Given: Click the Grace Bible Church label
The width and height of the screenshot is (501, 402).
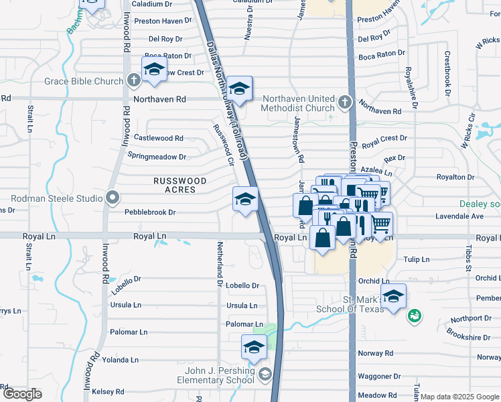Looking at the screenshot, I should click(x=84, y=82).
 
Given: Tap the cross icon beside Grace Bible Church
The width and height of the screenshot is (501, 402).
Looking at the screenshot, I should click(x=133, y=81).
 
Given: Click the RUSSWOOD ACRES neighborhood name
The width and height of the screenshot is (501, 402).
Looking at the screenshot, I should click(x=174, y=186).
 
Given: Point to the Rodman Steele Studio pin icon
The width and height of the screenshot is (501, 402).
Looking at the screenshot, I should click(x=113, y=198).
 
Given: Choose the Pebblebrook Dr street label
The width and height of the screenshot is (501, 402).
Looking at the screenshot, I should click(x=150, y=212).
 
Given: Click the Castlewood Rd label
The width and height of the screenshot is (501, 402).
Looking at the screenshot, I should click(x=159, y=138).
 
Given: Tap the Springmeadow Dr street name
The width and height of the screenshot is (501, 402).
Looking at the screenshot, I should click(x=157, y=157).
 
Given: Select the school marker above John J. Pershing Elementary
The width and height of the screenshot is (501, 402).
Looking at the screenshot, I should click(x=254, y=347).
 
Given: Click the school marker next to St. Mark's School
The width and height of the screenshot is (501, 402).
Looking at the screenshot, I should click(x=394, y=295).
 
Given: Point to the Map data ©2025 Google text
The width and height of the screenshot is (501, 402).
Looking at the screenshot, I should click(x=460, y=397).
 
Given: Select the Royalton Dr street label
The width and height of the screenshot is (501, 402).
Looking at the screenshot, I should click(x=455, y=178).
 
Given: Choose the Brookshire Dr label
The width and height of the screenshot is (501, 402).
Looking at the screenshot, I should click(x=468, y=338).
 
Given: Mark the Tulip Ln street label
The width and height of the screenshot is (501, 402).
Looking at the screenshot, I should click(x=415, y=259).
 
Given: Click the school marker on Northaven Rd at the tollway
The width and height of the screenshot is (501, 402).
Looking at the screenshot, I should click(x=238, y=88).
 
